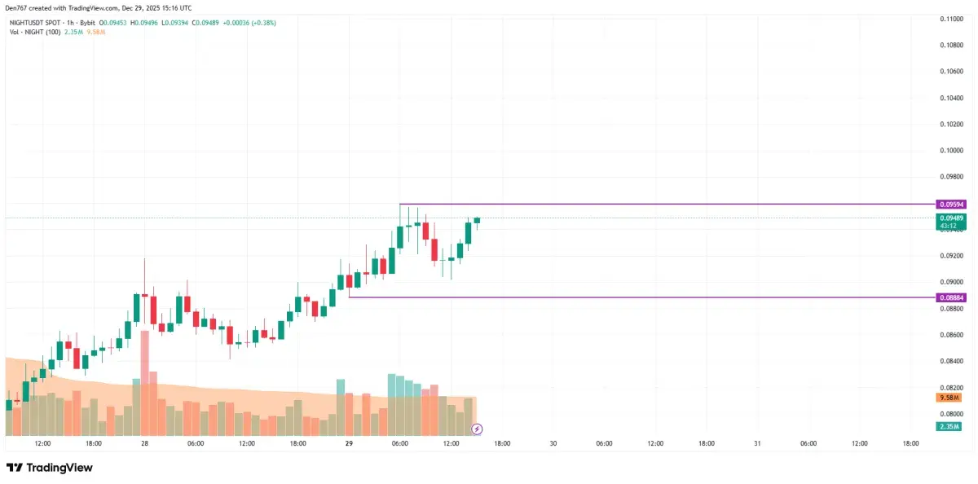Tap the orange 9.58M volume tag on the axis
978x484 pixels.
[947, 398]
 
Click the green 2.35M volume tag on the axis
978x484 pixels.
[947, 426]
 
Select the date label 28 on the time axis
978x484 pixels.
[144, 444]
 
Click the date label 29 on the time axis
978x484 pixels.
[349, 444]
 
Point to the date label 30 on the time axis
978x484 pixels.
[553, 444]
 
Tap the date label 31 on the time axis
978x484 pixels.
[757, 444]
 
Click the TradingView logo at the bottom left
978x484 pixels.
[51, 468]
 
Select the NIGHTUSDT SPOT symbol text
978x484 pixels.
[36, 23]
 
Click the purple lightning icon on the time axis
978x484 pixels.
[478, 429]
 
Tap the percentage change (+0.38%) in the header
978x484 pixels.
[263, 23]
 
